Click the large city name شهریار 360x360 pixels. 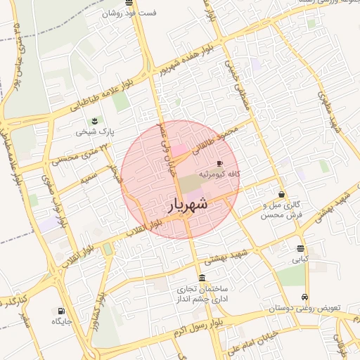[188, 205]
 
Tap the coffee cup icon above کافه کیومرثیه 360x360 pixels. [220, 162]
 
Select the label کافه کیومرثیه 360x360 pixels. [220, 173]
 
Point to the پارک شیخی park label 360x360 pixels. [95, 131]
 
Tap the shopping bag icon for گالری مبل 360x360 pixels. [281, 194]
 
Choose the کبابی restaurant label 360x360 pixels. [301, 259]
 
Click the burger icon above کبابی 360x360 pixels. [301, 248]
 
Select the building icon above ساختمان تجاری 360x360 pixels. [202, 277]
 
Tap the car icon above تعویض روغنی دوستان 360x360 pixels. [304, 297]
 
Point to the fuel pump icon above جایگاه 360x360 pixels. [62, 311]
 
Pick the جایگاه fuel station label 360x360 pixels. [62, 321]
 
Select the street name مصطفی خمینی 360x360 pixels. [236, 82]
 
